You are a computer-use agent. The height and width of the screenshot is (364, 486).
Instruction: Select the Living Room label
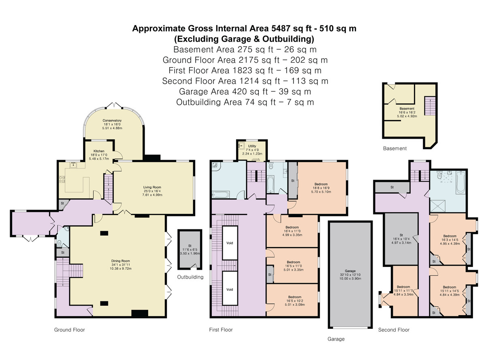coord(152,187)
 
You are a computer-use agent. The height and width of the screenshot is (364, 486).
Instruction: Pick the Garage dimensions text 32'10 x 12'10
coord(350,275)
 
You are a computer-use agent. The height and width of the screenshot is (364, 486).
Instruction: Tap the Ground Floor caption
coord(70,330)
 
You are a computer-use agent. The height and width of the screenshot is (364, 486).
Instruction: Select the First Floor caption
coord(221,330)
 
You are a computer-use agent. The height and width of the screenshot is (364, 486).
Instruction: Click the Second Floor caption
coord(394,330)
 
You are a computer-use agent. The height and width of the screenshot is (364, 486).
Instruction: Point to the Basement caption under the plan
coord(394,148)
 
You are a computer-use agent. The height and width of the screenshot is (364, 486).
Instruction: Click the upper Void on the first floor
coord(230,243)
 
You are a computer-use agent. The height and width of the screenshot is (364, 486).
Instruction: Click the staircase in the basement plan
coord(429,106)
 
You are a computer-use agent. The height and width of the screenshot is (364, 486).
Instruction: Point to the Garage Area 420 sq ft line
coord(245,91)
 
